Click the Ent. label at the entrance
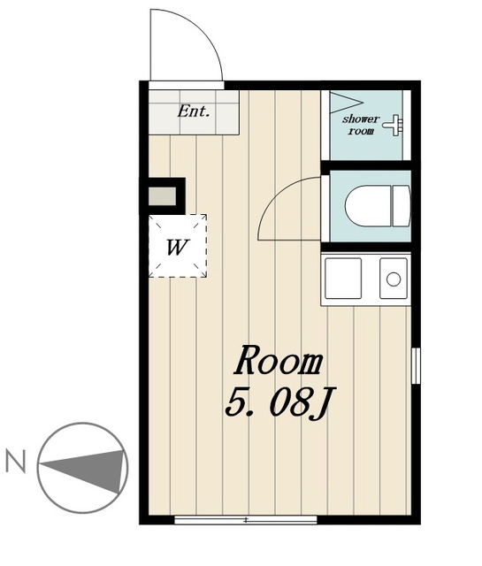click(194, 111)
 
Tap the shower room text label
click(361, 125)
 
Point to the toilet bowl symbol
click(368, 206)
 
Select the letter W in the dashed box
click(177, 248)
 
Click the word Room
click(279, 360)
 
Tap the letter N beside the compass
click(16, 462)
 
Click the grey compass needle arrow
click(84, 470)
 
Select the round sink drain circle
click(394, 279)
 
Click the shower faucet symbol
click(394, 126)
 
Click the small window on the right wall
click(416, 365)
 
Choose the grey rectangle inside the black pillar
click(162, 196)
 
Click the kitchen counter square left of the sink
click(343, 279)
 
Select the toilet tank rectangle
click(402, 206)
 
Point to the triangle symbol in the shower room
click(346, 103)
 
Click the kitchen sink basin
click(394, 279)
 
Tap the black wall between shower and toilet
click(366, 165)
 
